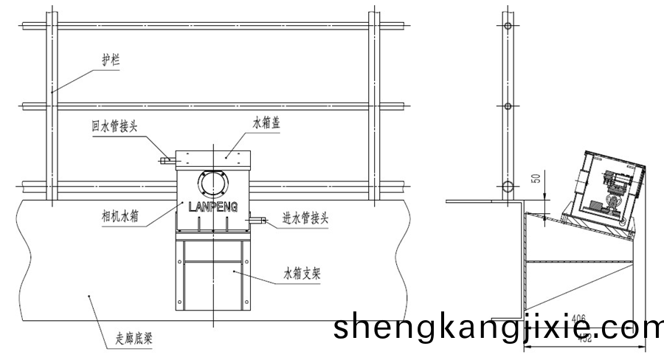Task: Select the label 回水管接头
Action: click(114, 126)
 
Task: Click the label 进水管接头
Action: click(309, 218)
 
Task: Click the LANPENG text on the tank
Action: click(212, 207)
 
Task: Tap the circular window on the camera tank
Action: click(213, 181)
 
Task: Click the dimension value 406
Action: click(579, 318)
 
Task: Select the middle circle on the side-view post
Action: click(508, 105)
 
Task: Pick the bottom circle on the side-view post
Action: click(508, 185)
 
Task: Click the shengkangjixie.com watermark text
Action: click(498, 326)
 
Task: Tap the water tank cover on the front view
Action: click(213, 156)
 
